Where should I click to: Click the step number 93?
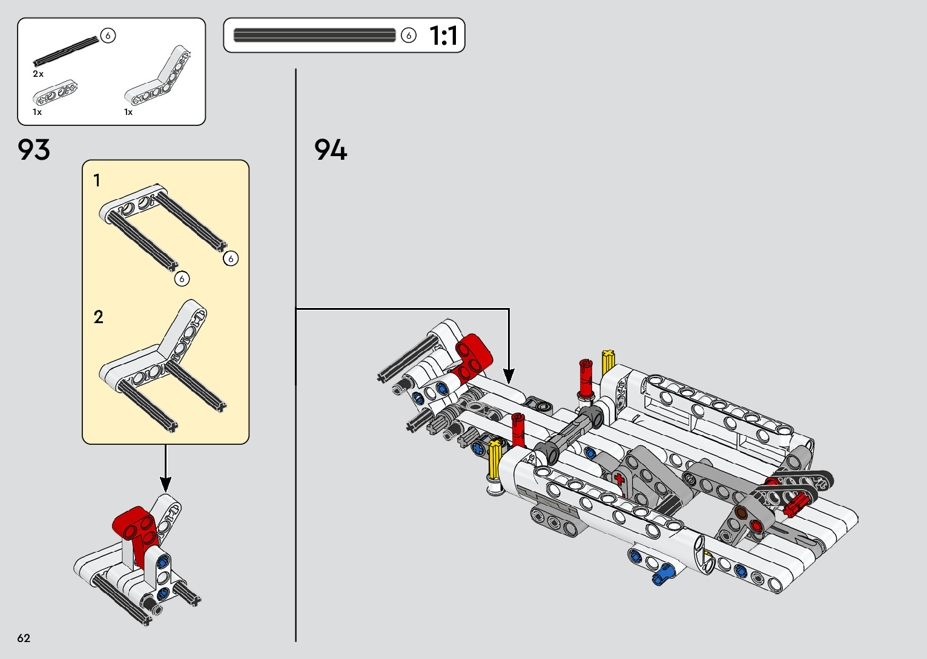click(33, 149)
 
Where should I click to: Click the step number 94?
click(330, 149)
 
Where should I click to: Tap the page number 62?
click(24, 638)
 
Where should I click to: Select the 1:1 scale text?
click(443, 36)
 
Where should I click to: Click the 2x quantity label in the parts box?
click(38, 74)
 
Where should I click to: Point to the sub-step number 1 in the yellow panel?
click(97, 180)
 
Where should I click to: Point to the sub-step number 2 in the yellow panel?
click(99, 317)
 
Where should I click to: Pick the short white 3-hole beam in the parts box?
click(55, 92)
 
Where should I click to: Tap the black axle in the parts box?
click(66, 51)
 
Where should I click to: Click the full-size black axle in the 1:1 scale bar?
click(314, 35)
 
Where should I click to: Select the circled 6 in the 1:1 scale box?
click(409, 36)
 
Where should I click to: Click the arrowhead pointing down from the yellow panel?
click(165, 484)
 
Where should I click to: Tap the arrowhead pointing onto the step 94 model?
click(509, 376)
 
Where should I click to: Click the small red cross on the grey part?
click(619, 479)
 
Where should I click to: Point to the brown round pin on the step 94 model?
click(741, 513)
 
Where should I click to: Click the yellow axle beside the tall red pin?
click(608, 362)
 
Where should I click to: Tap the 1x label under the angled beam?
click(128, 112)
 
